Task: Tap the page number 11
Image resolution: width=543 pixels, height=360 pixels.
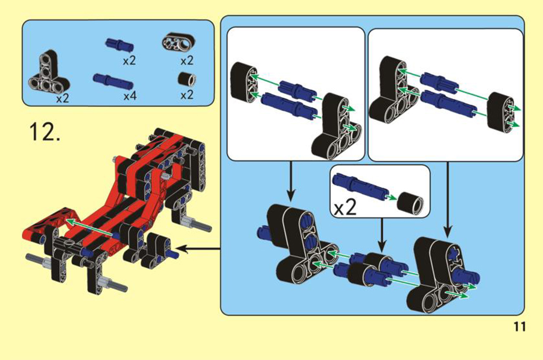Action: point(519,326)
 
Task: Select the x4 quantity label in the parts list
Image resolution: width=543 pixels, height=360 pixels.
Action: point(130,95)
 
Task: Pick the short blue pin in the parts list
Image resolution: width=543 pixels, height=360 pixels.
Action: point(119,45)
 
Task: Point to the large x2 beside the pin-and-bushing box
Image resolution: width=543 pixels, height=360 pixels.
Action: point(345,208)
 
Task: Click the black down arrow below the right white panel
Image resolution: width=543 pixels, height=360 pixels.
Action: point(448,199)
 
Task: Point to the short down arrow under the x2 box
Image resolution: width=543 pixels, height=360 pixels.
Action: point(382,235)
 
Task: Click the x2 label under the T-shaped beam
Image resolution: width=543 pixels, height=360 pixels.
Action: point(63,98)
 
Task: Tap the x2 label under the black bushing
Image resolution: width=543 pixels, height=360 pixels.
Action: point(187,95)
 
